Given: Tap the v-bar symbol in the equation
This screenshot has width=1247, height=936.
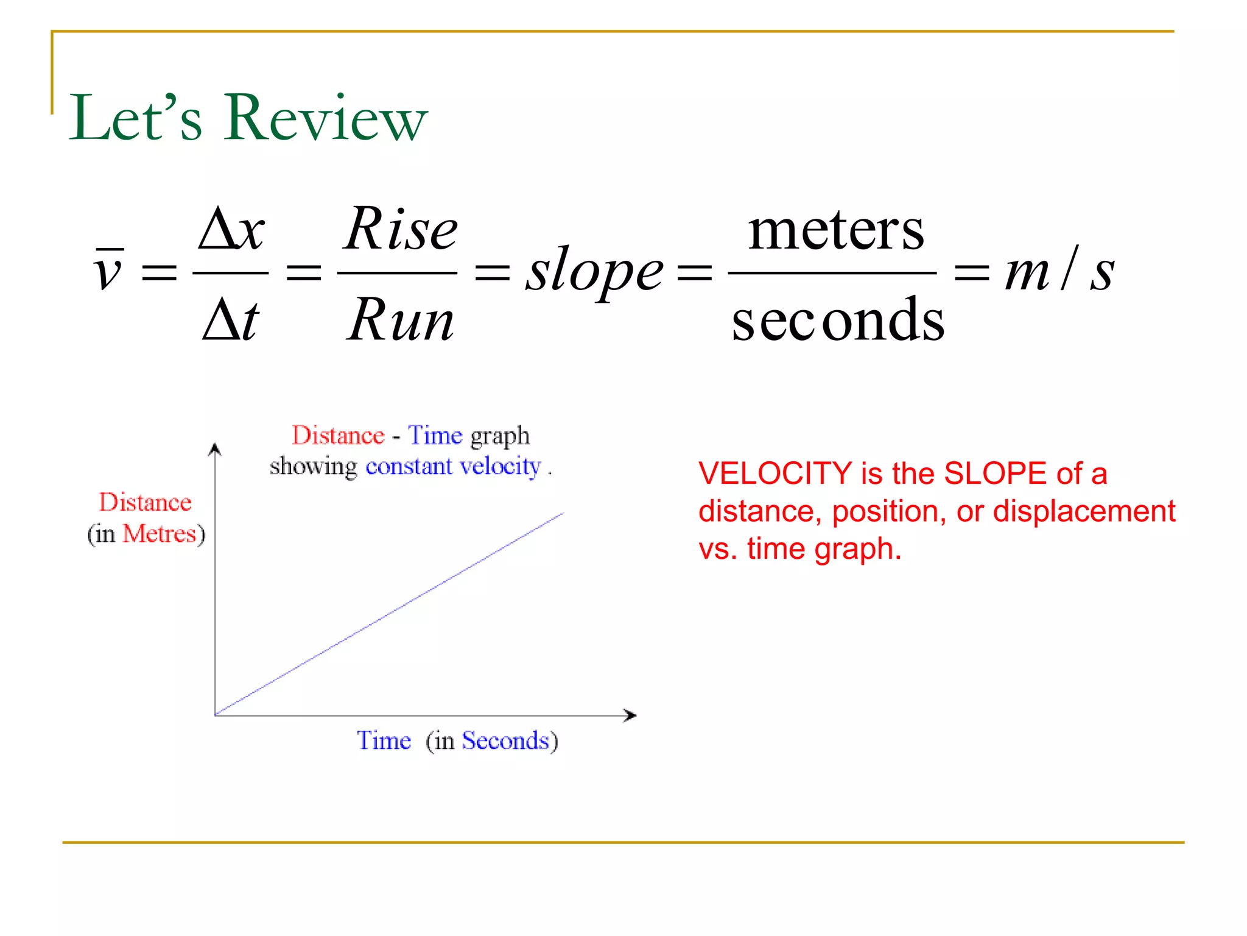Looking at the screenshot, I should (x=110, y=269).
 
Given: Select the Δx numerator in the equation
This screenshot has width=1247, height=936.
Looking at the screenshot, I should (x=231, y=230).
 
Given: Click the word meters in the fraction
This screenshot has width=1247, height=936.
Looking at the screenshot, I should (x=835, y=230).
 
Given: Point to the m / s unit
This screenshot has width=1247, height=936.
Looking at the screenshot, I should (x=1059, y=271).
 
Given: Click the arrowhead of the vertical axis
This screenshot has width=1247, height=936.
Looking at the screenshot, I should (x=214, y=450).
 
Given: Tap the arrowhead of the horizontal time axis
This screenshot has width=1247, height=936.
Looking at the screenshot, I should (x=631, y=715).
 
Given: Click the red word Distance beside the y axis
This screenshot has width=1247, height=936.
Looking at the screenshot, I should (x=145, y=502).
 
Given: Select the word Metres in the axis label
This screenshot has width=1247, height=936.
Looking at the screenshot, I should (x=159, y=534).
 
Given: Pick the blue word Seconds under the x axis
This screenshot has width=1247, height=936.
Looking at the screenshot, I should (x=505, y=740).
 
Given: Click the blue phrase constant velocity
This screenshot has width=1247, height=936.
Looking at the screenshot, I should (x=452, y=466).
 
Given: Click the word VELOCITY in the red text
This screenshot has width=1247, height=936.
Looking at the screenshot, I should (x=775, y=473).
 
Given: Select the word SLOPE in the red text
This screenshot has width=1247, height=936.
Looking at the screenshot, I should (x=994, y=473).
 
